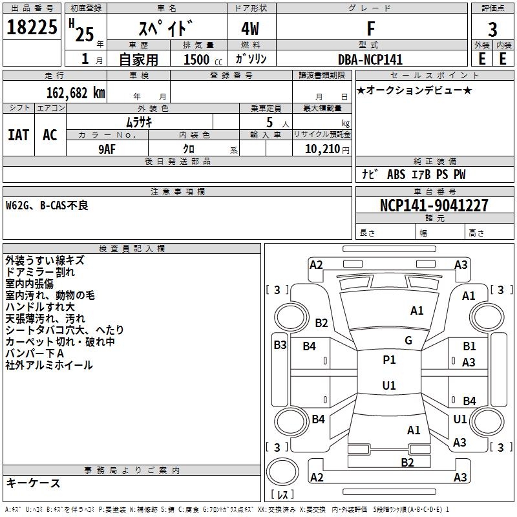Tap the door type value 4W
coord(251,29)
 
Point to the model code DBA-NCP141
coord(370,59)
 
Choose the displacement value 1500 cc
coord(197,59)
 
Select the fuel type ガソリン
coord(251,59)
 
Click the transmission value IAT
coord(19,134)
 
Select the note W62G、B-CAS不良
coord(47,206)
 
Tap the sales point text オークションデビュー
coord(414,90)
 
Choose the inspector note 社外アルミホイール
coord(49,365)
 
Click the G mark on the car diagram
coord(408,341)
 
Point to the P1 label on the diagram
coord(389,360)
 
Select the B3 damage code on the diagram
coord(279,345)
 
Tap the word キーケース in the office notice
coord(34,483)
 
